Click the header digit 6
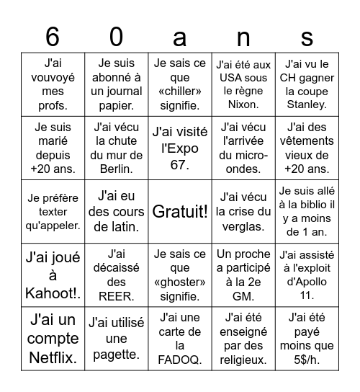(x=52, y=35)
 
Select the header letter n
(x=244, y=35)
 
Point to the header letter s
(x=307, y=35)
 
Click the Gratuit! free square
(x=179, y=211)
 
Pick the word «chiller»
(x=179, y=92)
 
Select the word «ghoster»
(x=179, y=282)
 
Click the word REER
(x=116, y=295)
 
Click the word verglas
(x=244, y=226)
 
